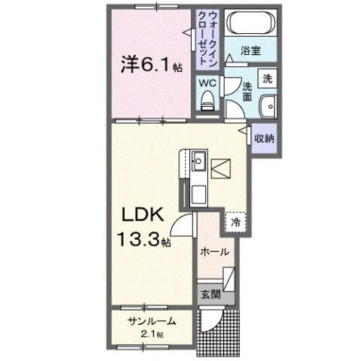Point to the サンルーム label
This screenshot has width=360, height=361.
click(x=153, y=321)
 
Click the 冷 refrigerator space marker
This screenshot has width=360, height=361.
click(x=236, y=223)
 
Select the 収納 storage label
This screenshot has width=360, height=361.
click(x=263, y=139)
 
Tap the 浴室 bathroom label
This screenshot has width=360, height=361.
click(x=250, y=52)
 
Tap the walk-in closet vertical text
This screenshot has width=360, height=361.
click(x=207, y=35)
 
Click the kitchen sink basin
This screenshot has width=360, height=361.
click(x=198, y=161)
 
